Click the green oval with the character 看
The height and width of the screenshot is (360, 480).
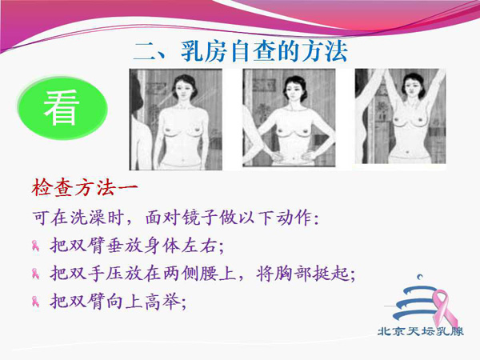pos(62,108)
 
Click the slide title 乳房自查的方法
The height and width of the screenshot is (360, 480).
pos(265,51)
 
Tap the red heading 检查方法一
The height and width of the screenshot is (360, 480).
pos(85,188)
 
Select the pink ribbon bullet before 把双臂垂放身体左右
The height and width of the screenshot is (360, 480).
pos(35,246)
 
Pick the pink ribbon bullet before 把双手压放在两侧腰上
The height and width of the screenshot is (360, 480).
pos(35,274)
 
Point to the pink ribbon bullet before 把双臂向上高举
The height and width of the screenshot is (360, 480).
pos(35,302)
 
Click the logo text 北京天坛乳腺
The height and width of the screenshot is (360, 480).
pos(421,331)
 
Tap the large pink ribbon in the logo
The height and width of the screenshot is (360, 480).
pos(445,308)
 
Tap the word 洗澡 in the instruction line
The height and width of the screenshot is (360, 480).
pos(87,218)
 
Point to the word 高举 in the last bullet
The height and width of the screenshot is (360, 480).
pos(162,302)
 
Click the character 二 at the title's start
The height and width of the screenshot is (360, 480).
pos(145,51)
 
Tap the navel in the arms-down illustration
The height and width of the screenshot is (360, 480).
pos(182,159)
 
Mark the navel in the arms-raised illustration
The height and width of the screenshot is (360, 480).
pos(407,151)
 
